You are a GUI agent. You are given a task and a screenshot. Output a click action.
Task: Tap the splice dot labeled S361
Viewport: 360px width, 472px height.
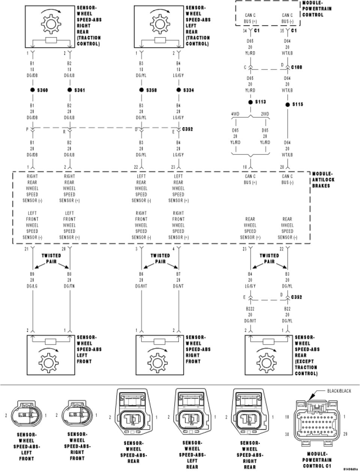tap(69, 90)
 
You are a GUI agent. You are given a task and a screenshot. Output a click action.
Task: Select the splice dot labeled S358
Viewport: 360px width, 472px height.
tap(141, 90)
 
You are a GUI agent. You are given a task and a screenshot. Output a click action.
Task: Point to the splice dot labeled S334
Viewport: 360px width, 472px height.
tap(178, 90)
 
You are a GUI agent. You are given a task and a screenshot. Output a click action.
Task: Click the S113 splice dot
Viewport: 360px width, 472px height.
tap(250, 102)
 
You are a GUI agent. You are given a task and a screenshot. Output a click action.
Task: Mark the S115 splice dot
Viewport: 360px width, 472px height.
tap(288, 104)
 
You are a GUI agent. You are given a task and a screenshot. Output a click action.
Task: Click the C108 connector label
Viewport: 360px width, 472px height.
tap(297, 67)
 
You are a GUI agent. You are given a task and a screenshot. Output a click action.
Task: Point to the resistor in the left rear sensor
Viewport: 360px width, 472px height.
tap(160, 40)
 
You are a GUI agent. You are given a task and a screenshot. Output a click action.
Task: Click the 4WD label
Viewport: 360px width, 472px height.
tap(235, 114)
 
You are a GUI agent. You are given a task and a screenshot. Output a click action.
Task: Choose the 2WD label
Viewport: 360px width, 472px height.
tap(265, 114)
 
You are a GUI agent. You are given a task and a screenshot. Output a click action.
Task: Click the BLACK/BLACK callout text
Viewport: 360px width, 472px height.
tap(339, 391)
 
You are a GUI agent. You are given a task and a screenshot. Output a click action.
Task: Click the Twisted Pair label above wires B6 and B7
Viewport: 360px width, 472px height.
tap(160, 259)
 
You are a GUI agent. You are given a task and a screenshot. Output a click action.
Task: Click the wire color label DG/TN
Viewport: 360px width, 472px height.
tap(69, 286)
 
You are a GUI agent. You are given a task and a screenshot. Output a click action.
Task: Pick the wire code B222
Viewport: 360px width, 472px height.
tap(250, 309)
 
